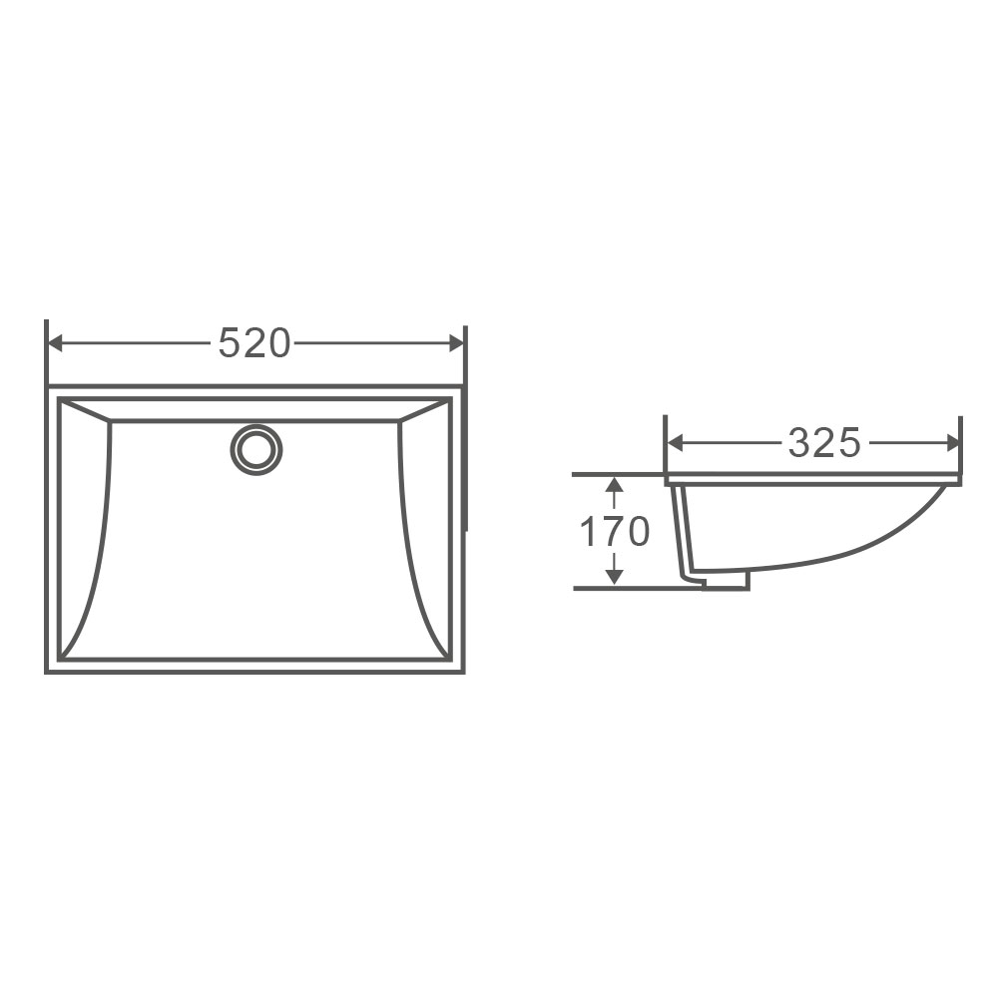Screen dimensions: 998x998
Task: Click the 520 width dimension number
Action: [x=254, y=343]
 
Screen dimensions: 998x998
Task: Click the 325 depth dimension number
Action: [x=823, y=442]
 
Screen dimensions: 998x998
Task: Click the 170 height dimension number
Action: [x=615, y=532]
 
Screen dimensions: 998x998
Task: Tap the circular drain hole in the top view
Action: [x=256, y=449]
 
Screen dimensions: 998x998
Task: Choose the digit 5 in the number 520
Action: [x=229, y=343]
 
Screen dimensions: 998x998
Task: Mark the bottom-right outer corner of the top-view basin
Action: [x=463, y=671]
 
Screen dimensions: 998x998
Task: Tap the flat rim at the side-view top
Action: [x=813, y=480]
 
